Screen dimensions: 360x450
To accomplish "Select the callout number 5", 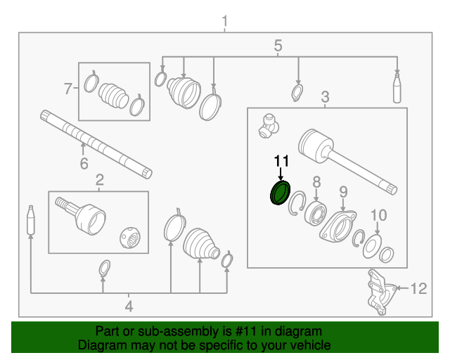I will [278, 46].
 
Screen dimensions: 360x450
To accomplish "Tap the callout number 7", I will [68, 89].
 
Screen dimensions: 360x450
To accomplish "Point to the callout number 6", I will [83, 165].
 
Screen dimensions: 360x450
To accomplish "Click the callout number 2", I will [99, 180].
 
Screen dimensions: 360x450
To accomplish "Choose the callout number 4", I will [129, 306].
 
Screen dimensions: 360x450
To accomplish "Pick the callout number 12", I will [418, 288].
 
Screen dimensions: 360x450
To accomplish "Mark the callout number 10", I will [378, 215].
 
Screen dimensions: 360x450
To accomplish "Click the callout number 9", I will [343, 191].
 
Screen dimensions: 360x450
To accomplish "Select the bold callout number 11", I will [281, 162].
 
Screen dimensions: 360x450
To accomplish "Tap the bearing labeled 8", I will [314, 213].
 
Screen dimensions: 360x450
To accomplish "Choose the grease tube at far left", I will [31, 221].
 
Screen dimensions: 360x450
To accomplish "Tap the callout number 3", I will [326, 96].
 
